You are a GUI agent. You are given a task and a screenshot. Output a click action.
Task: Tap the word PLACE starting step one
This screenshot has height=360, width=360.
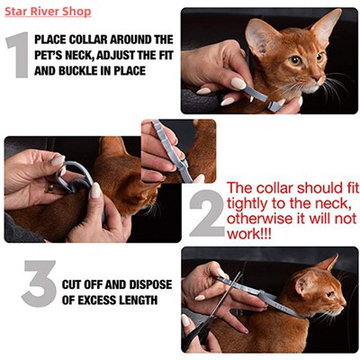[x=53, y=40]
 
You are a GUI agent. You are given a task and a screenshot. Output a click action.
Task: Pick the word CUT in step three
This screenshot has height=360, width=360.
[x=73, y=285]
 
